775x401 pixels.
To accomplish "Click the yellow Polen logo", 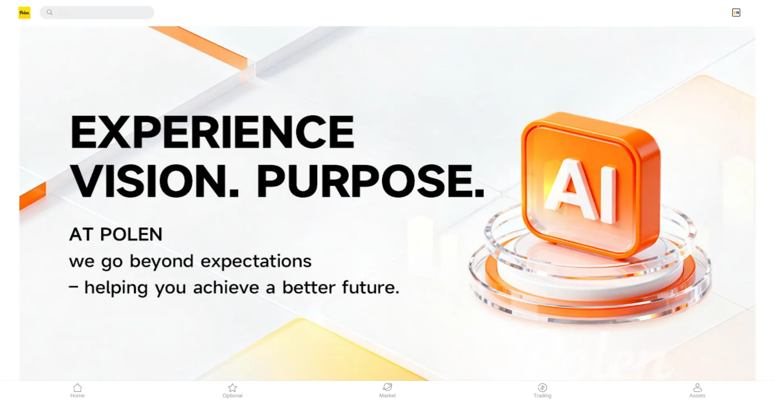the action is pyautogui.click(x=24, y=13).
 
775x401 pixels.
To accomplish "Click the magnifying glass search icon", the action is pyautogui.click(x=50, y=12).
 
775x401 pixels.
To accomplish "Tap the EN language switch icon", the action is pyautogui.click(x=736, y=13).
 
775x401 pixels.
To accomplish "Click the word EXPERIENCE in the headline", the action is pyautogui.click(x=212, y=132).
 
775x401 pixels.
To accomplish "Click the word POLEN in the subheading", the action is pyautogui.click(x=131, y=234).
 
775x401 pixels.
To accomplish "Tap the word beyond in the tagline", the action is pyautogui.click(x=161, y=262).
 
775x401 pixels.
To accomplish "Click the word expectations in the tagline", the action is pyautogui.click(x=256, y=262).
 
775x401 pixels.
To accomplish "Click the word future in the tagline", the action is pyautogui.click(x=370, y=288).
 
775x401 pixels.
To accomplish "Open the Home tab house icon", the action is pyautogui.click(x=77, y=388).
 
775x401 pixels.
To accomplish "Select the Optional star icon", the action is pyautogui.click(x=232, y=388).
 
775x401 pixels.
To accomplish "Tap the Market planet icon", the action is pyautogui.click(x=387, y=387).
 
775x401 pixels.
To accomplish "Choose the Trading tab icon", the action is pyautogui.click(x=542, y=388).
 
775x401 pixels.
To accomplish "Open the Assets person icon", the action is pyautogui.click(x=697, y=388).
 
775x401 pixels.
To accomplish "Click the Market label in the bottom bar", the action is pyautogui.click(x=387, y=396).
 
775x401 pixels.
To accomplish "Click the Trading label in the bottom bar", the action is pyautogui.click(x=542, y=396).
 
